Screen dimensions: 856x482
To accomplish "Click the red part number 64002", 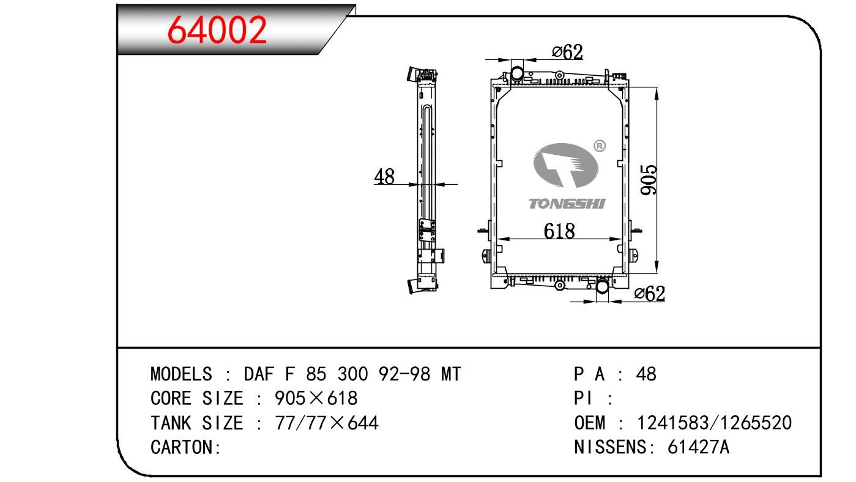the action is (217, 30).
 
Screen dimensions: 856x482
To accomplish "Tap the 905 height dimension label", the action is (649, 180).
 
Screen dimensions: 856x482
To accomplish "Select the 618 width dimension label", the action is (559, 231).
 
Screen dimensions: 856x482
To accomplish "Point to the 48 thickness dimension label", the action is (384, 176).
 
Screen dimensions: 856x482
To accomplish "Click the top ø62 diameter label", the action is (567, 52).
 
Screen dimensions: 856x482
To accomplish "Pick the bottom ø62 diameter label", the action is (650, 294).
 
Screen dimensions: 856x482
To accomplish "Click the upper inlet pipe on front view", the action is (517, 73).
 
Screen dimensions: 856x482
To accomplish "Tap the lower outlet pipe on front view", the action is (602, 286).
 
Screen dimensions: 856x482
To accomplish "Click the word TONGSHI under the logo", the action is (567, 204).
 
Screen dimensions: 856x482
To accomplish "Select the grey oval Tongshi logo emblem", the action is (565, 165).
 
